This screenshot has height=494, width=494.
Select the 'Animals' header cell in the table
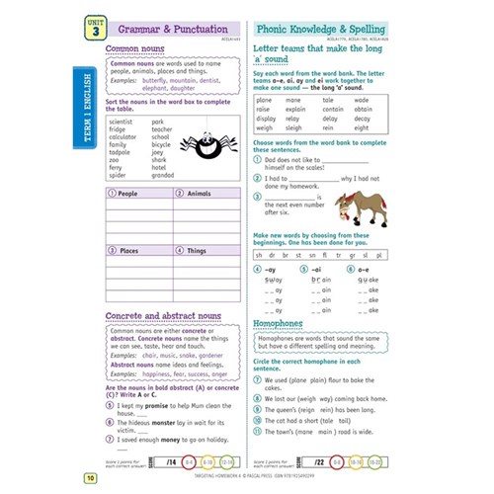point(199,195)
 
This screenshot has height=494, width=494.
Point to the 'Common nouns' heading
point(134,47)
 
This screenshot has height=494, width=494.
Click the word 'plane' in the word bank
point(265,100)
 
